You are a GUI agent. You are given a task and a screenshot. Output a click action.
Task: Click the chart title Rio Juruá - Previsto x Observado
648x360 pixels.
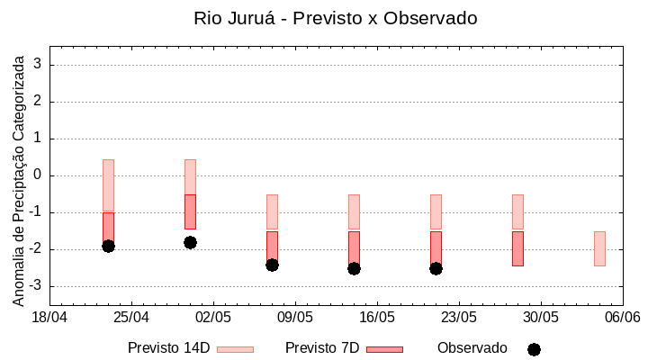pyautogui.click(x=336, y=18)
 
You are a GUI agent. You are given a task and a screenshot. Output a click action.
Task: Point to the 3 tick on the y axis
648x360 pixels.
pyautogui.click(x=39, y=65)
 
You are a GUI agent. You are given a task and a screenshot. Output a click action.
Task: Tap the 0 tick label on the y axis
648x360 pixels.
pyautogui.click(x=39, y=175)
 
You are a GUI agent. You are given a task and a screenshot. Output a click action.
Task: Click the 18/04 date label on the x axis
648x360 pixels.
pyautogui.click(x=49, y=318)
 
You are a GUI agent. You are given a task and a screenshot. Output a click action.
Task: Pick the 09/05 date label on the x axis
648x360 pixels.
pyautogui.click(x=295, y=318)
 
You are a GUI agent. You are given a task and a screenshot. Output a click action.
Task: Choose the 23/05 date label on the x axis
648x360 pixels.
pyautogui.click(x=459, y=318)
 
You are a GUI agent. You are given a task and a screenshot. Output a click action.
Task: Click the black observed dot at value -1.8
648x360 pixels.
pyautogui.click(x=190, y=242)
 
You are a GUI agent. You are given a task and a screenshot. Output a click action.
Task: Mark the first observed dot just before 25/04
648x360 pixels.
pyautogui.click(x=108, y=246)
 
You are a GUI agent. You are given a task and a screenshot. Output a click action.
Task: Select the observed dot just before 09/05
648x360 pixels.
pyautogui.click(x=272, y=265)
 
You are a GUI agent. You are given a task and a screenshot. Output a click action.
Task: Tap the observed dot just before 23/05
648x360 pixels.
pyautogui.click(x=436, y=268)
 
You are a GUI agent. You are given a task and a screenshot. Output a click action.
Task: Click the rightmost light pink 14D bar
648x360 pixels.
pyautogui.click(x=599, y=248)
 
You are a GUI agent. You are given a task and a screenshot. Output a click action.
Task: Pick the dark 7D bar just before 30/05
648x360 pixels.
pyautogui.click(x=517, y=248)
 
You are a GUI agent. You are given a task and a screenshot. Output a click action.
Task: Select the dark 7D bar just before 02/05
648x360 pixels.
pyautogui.click(x=190, y=212)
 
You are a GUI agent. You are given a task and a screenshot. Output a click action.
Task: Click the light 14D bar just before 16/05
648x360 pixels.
pyautogui.click(x=354, y=212)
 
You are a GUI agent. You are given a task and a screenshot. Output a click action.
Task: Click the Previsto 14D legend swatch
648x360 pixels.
pyautogui.click(x=235, y=349)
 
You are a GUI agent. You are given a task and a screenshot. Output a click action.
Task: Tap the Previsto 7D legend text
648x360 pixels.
pyautogui.click(x=322, y=348)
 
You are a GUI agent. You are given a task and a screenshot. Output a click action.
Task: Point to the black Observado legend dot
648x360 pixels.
pyautogui.click(x=534, y=349)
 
